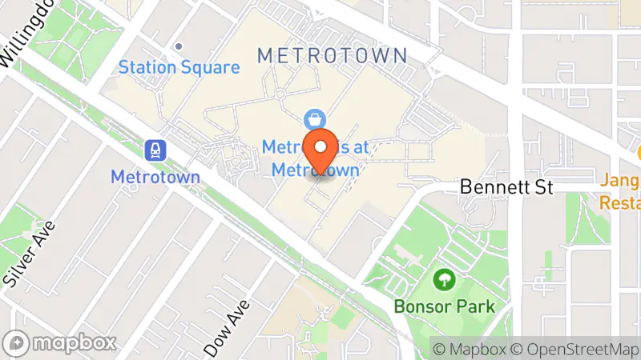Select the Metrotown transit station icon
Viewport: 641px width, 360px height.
coord(155,149)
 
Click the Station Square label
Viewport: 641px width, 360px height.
coord(179,67)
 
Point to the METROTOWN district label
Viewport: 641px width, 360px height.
coord(333,56)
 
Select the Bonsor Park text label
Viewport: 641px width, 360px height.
coord(444,306)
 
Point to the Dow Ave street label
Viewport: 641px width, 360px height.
coord(228,327)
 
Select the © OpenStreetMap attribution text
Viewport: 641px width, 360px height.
coord(576,349)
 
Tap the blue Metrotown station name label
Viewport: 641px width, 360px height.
coord(155,176)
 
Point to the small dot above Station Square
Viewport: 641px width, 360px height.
coord(179,46)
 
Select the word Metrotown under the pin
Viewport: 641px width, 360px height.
coord(314,170)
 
